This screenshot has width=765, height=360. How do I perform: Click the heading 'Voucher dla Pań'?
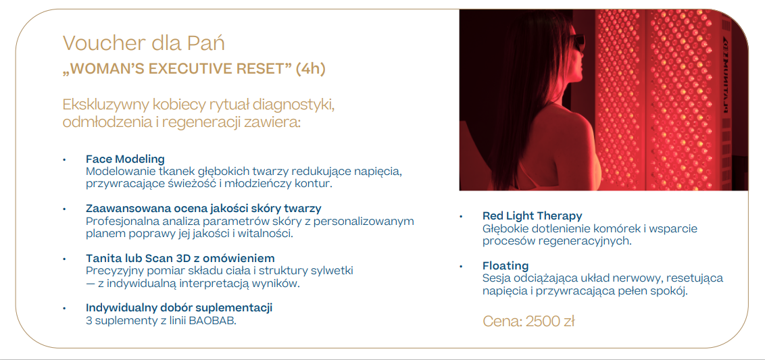pos(143,43)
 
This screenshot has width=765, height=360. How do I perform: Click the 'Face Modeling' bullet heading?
pos(125,159)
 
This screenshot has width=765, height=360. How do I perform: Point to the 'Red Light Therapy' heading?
pos(532,215)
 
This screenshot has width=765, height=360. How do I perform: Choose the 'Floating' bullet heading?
pos(505,265)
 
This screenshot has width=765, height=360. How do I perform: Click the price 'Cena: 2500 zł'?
pos(528,321)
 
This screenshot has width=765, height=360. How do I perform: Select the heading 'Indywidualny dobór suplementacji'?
pos(179,307)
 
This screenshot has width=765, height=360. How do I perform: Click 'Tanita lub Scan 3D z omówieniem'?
pos(180,258)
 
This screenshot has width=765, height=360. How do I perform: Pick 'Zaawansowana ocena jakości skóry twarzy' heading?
pos(203,208)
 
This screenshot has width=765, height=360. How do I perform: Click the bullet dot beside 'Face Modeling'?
pos(64,159)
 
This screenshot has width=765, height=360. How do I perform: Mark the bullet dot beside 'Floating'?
pos(461,266)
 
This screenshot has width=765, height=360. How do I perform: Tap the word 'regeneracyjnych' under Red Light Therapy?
pos(587,240)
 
